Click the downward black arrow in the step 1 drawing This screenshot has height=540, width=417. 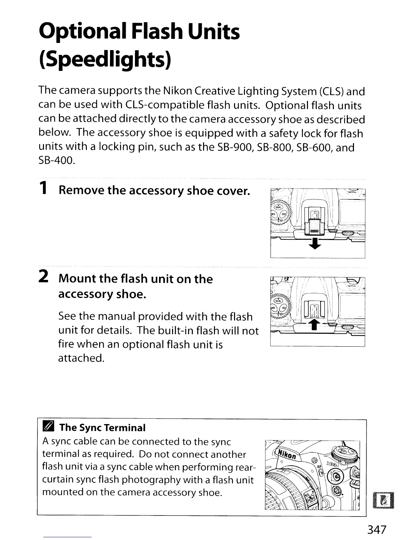pyautogui.click(x=315, y=243)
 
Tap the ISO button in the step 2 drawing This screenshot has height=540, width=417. pyautogui.click(x=283, y=308)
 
